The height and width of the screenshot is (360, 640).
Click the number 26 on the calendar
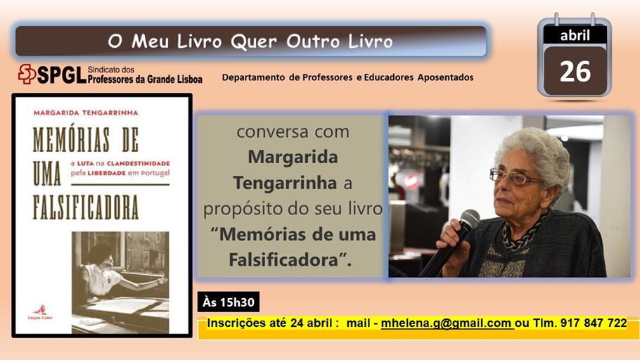(x=575, y=72)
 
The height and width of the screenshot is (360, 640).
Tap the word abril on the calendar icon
(x=575, y=36)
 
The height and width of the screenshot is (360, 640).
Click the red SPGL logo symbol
(x=27, y=74)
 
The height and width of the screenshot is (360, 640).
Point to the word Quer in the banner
(x=254, y=41)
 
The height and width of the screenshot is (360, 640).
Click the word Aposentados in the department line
(x=445, y=77)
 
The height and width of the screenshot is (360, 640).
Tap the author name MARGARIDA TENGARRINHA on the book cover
(x=86, y=112)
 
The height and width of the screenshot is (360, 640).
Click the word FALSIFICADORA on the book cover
(x=86, y=207)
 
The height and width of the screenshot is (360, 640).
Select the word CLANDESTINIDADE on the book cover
(x=139, y=163)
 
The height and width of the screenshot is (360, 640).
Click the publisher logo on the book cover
(x=40, y=312)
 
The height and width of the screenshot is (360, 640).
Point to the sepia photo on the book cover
(x=120, y=282)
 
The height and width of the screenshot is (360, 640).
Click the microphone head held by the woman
(x=470, y=219)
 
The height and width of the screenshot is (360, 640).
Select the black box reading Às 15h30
(x=229, y=302)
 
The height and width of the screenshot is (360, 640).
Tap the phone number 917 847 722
(x=594, y=323)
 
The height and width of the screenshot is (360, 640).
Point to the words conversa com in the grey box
(x=293, y=132)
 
